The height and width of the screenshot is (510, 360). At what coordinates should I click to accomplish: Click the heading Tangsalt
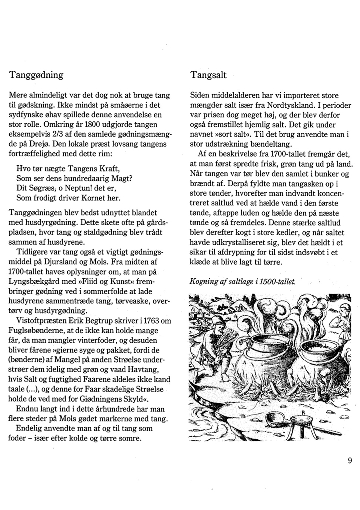point(208,75)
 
